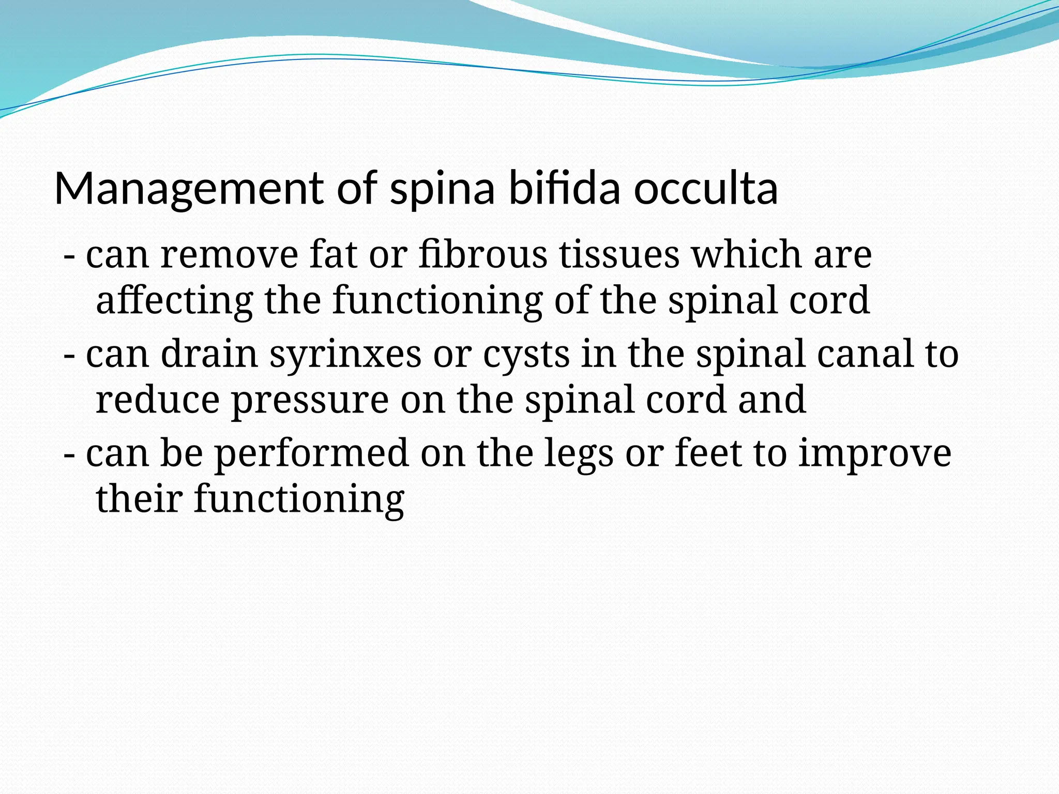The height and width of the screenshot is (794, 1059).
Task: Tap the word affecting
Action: click(x=175, y=301)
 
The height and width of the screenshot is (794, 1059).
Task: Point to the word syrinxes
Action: click(x=345, y=356)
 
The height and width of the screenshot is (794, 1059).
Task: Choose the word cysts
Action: click(x=526, y=356)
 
